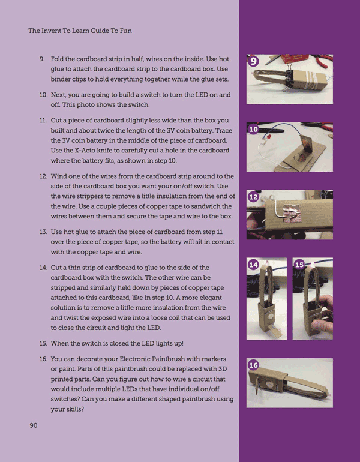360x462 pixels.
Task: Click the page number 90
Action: click(33, 425)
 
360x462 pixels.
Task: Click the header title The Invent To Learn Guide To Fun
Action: click(80, 31)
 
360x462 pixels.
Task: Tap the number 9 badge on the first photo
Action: click(253, 61)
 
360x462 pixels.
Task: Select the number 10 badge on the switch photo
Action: click(253, 130)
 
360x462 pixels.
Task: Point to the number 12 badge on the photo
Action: click(253, 197)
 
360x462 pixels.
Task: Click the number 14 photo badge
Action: click(253, 265)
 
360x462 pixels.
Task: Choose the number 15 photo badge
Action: click(299, 265)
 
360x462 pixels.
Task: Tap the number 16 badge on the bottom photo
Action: click(253, 365)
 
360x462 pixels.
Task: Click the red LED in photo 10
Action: click(269, 136)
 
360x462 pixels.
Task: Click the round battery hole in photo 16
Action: click(269, 383)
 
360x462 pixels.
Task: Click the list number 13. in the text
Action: click(43, 232)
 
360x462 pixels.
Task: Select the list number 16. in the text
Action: click(43, 359)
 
